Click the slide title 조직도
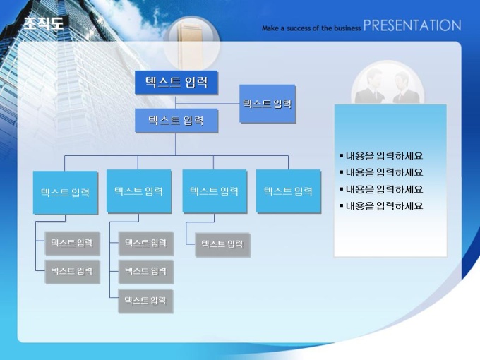(x=44, y=23)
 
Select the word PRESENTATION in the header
(x=412, y=25)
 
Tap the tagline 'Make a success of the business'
(x=311, y=28)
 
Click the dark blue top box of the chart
(x=176, y=83)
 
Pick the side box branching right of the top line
(x=268, y=104)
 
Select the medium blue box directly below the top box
(x=176, y=121)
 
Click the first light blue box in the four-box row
(x=65, y=192)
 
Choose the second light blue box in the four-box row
(x=138, y=191)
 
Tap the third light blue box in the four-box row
(x=215, y=191)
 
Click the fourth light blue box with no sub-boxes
(x=288, y=191)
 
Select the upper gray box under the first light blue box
(x=72, y=243)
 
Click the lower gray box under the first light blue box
(x=72, y=271)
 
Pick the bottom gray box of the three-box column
(x=145, y=301)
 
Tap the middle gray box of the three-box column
(x=145, y=272)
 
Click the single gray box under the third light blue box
(x=222, y=244)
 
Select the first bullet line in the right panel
(x=381, y=156)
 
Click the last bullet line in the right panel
(x=381, y=205)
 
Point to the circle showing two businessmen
(x=388, y=83)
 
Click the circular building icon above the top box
(x=191, y=43)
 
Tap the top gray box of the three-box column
(x=145, y=243)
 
